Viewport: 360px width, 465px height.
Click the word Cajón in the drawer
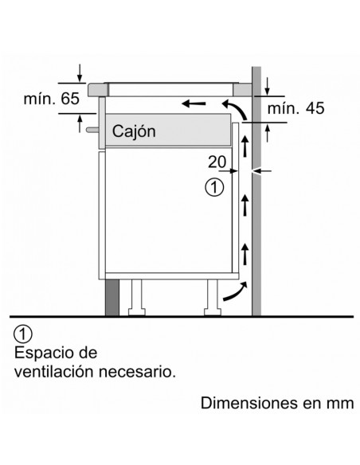coord(134,131)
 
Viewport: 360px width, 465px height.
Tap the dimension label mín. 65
coord(52,99)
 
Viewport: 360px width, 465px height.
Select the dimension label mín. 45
coord(295,108)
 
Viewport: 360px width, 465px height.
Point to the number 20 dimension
coord(217,162)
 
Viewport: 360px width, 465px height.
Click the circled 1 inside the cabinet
coord(214,187)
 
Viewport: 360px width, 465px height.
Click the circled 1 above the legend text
coord(23,334)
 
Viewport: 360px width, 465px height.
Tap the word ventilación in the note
coord(54,372)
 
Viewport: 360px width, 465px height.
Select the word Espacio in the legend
coord(41,354)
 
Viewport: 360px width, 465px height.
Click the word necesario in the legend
coord(137,372)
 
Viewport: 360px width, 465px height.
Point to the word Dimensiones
coord(249,404)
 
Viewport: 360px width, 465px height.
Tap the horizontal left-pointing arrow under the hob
coord(194,104)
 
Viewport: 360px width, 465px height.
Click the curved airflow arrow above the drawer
coord(235,110)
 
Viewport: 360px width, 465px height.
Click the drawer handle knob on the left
coord(92,130)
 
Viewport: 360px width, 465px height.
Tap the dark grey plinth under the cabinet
coord(112,298)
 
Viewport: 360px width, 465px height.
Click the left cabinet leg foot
coord(136,312)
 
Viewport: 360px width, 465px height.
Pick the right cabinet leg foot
coord(213,312)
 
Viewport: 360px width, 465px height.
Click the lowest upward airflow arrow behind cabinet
coord(245,253)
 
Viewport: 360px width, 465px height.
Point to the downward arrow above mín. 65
coord(80,72)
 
